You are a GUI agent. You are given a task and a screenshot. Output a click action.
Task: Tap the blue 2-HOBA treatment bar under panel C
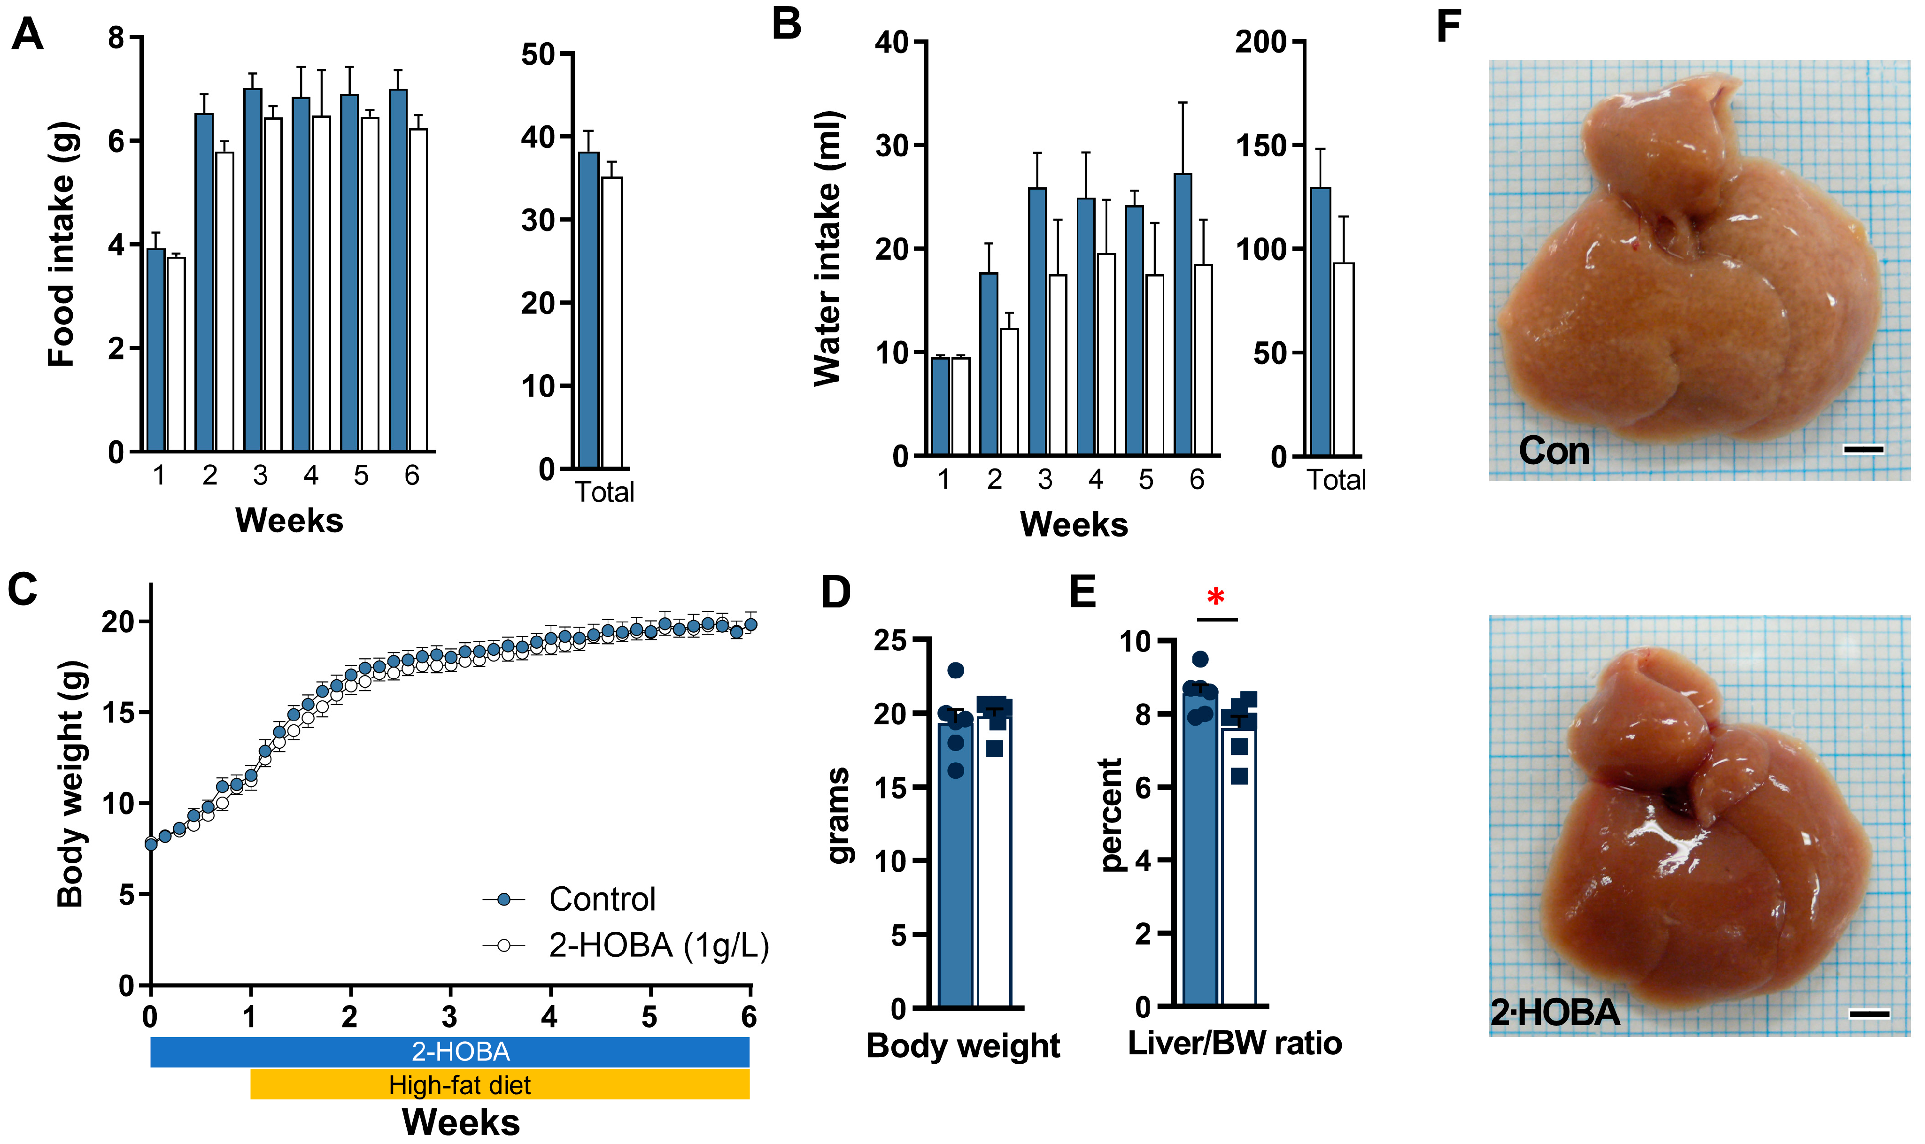449,1052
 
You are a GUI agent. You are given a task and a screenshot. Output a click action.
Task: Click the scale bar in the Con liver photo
1863,449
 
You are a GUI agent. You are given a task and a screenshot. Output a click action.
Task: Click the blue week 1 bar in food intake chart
156,351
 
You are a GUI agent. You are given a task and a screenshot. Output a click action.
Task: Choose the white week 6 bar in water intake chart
1203,359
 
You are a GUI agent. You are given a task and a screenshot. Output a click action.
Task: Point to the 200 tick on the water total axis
1262,42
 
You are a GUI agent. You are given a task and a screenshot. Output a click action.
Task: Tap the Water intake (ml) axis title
827,248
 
